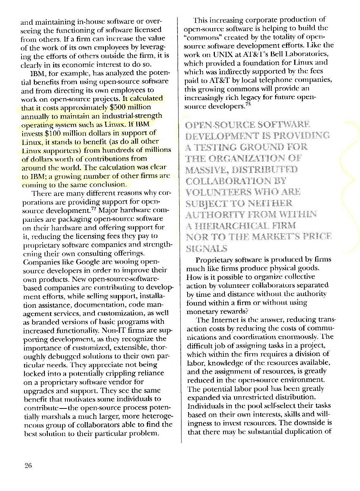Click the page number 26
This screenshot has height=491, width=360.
pos(28,466)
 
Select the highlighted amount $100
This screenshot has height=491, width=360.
pos(54,133)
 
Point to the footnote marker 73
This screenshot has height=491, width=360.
pos(247,104)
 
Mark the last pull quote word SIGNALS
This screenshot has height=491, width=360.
pos(207,248)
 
